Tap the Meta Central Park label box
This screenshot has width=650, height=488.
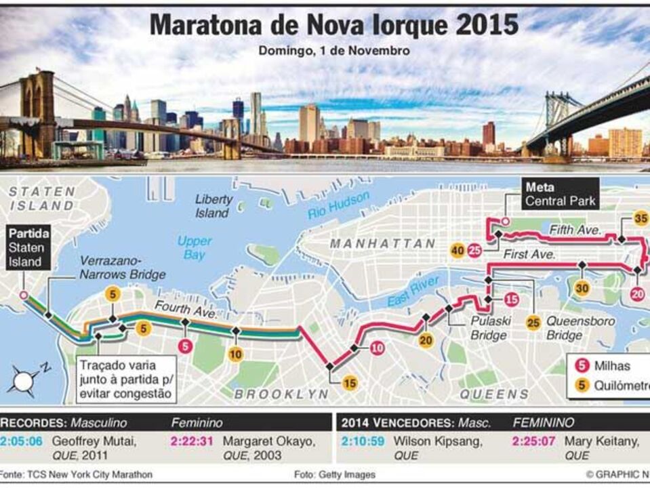559,194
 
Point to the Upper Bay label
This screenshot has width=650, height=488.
194,247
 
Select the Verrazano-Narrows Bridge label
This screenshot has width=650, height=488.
122,267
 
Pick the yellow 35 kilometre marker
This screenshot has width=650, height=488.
640,218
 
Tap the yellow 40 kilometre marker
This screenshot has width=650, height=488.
458,251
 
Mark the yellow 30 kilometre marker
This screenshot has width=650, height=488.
582,288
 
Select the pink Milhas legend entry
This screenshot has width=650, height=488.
601,366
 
